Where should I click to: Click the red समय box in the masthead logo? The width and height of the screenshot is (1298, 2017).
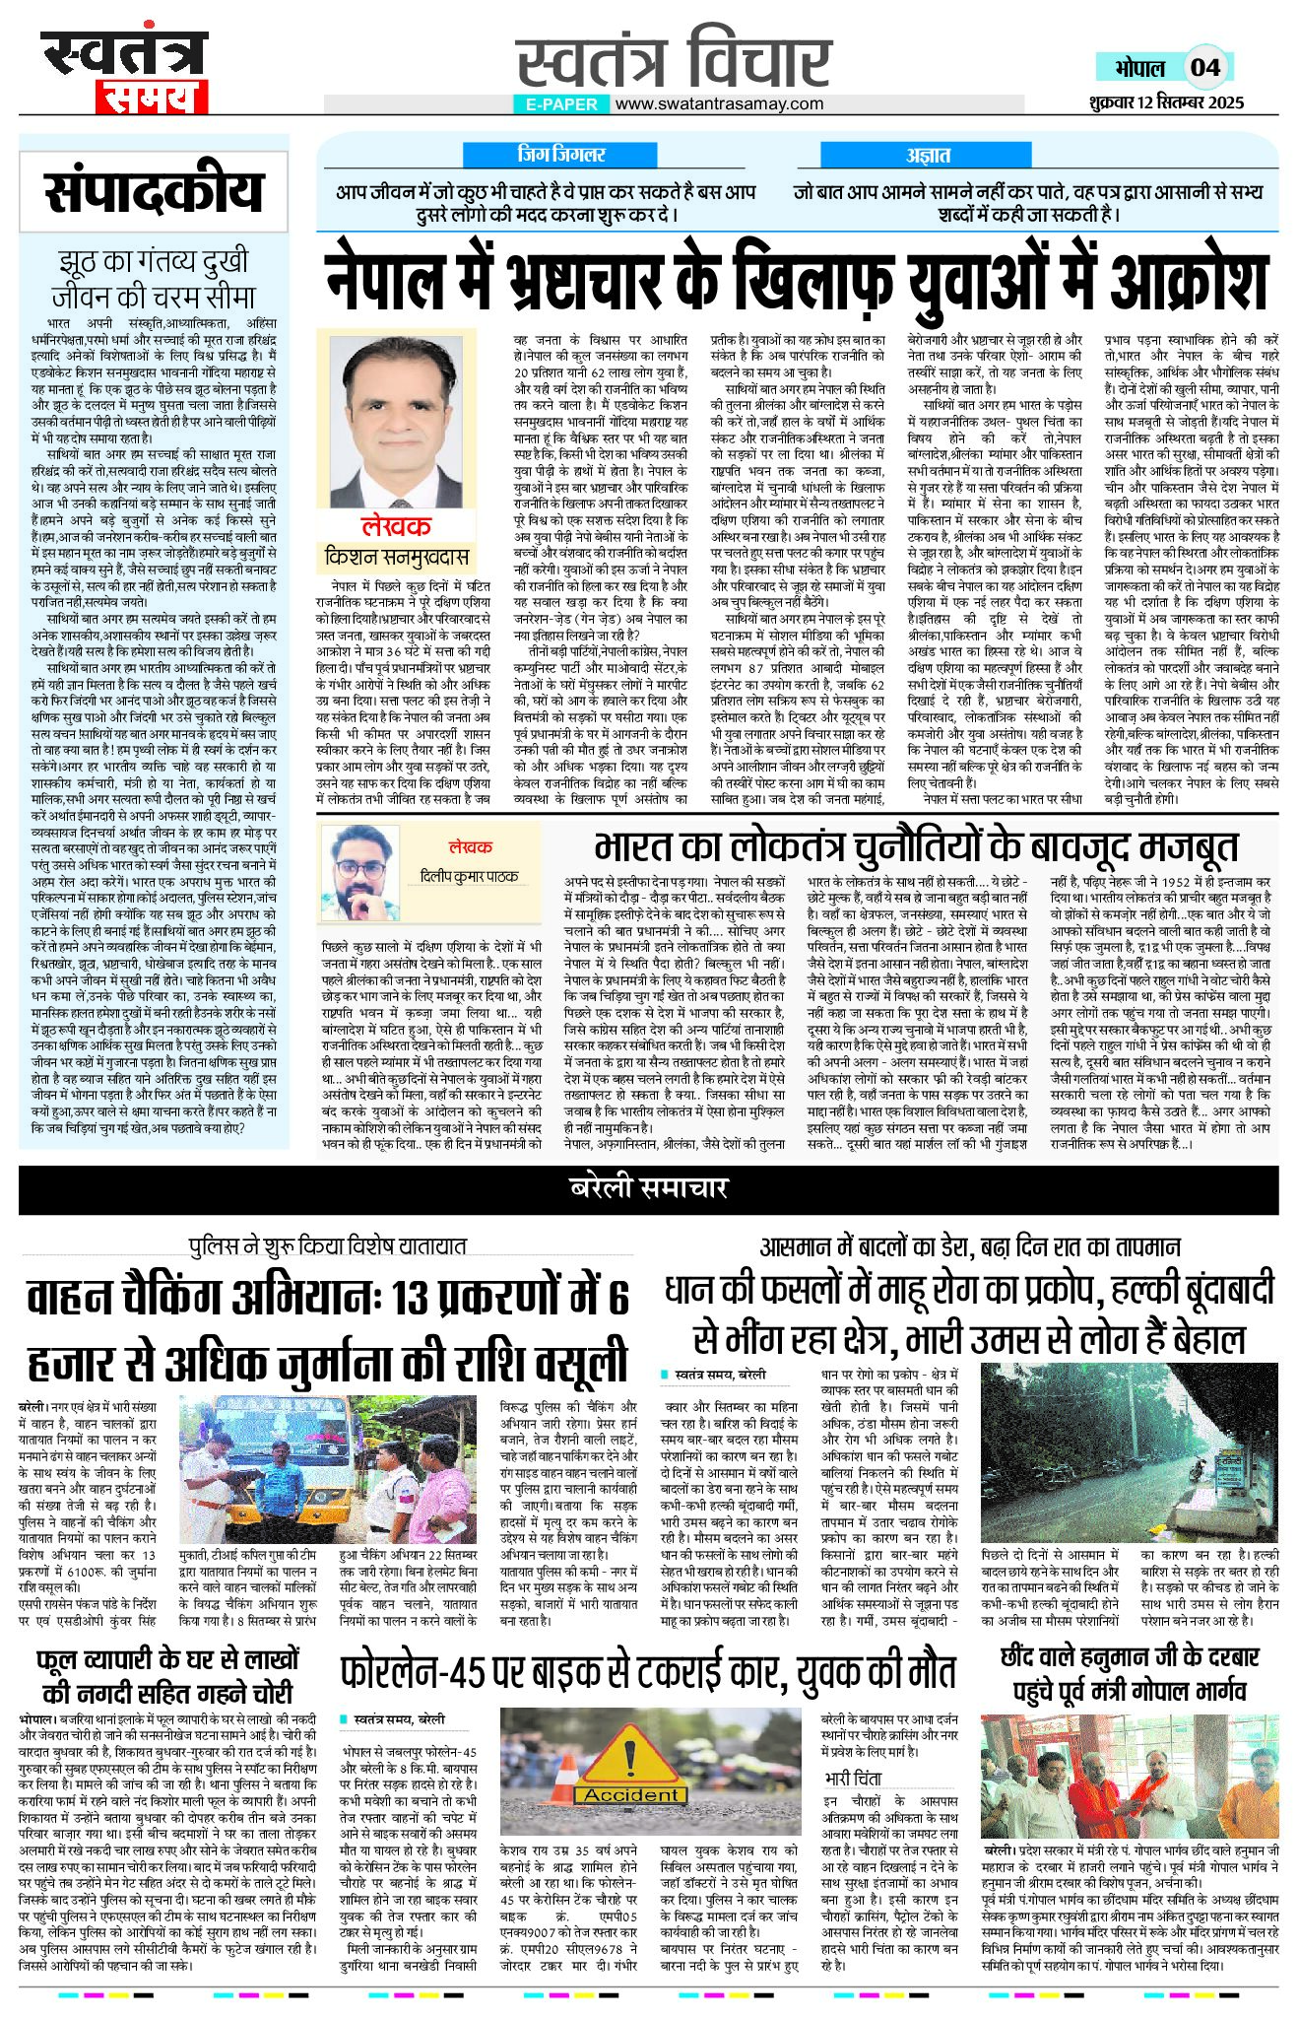[x=152, y=97]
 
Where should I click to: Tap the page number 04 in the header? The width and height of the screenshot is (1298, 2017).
[x=1204, y=67]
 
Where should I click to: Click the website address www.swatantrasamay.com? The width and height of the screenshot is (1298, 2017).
[x=720, y=103]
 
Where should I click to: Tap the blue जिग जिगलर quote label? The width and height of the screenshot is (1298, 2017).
[x=560, y=155]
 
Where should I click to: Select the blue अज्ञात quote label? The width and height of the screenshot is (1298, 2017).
[x=928, y=155]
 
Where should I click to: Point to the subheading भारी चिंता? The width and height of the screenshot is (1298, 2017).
[x=853, y=1779]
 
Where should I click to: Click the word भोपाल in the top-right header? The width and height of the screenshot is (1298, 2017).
[x=1139, y=68]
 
